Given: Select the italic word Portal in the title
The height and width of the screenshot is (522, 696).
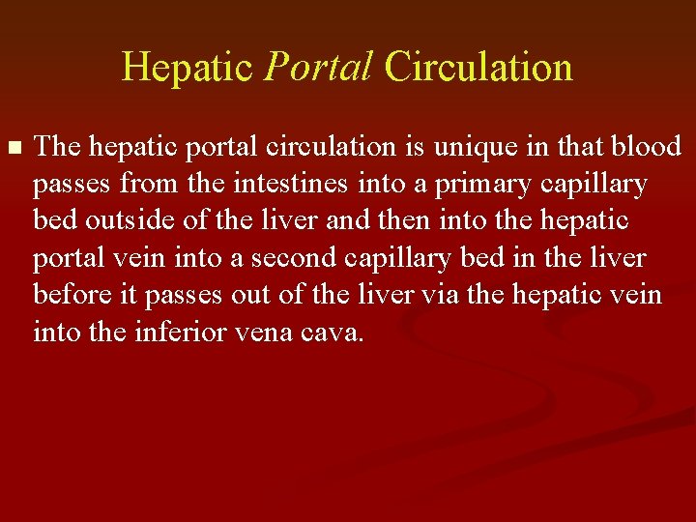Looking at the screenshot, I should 318,68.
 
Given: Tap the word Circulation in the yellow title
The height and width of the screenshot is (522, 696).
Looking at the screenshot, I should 478,68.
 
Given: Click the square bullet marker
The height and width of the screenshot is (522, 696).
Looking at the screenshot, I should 13,148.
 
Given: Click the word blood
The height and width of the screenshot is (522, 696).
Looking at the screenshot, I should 651,147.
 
